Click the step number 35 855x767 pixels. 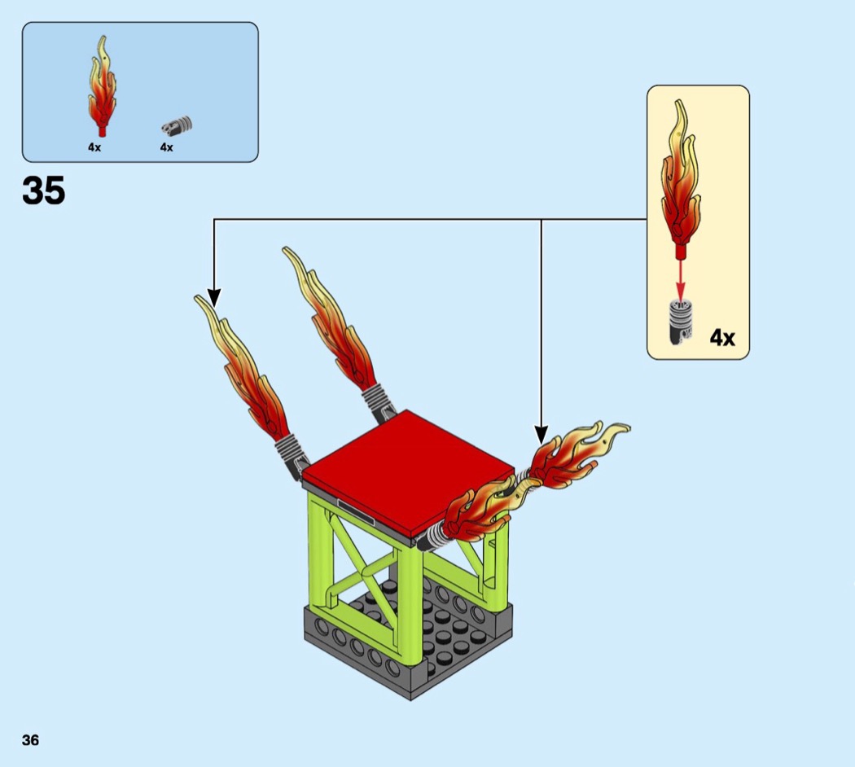[x=44, y=191]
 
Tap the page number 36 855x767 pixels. [x=30, y=739]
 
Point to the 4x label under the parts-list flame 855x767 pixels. [x=94, y=147]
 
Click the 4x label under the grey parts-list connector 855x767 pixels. [x=167, y=147]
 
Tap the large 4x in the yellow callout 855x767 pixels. [x=721, y=337]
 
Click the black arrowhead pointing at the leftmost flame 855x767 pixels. [x=213, y=296]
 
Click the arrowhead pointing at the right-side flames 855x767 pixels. [x=541, y=434]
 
